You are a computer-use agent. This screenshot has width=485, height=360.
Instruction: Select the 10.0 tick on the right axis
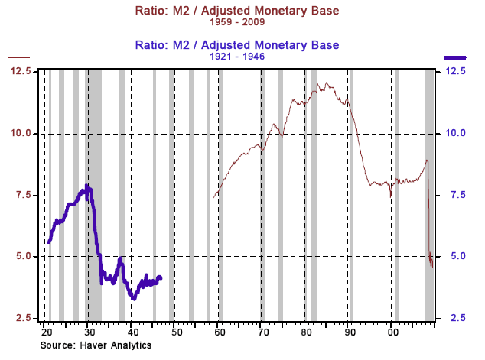coord(456,133)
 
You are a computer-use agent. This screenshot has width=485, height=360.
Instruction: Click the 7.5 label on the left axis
coord(23,195)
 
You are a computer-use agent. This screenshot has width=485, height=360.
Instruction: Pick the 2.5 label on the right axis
coord(456,318)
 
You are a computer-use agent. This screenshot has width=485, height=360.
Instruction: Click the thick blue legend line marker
coord(456,57)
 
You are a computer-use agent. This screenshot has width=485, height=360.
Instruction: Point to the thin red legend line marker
coord(18,57)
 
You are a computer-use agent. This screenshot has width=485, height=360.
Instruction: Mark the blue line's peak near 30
coord(88,186)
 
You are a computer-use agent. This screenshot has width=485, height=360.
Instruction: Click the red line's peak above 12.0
coord(327,83)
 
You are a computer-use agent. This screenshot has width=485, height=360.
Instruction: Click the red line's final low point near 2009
coord(432,267)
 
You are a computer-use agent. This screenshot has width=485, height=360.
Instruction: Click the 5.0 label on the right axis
coord(456,256)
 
